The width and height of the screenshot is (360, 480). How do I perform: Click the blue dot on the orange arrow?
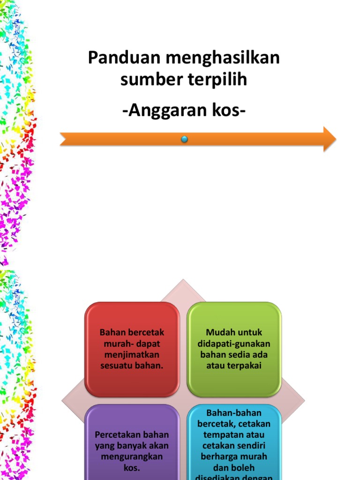pyautogui.click(x=185, y=139)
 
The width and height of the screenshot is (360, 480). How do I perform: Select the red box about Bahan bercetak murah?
pyautogui.click(x=132, y=349)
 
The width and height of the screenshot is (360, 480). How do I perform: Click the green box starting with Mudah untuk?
pyautogui.click(x=235, y=349)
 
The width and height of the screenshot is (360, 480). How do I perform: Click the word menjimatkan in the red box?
pyautogui.click(x=132, y=355)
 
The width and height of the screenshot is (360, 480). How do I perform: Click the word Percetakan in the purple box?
pyautogui.click(x=116, y=435)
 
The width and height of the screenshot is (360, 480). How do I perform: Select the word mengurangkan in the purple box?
pyautogui.click(x=132, y=457)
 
